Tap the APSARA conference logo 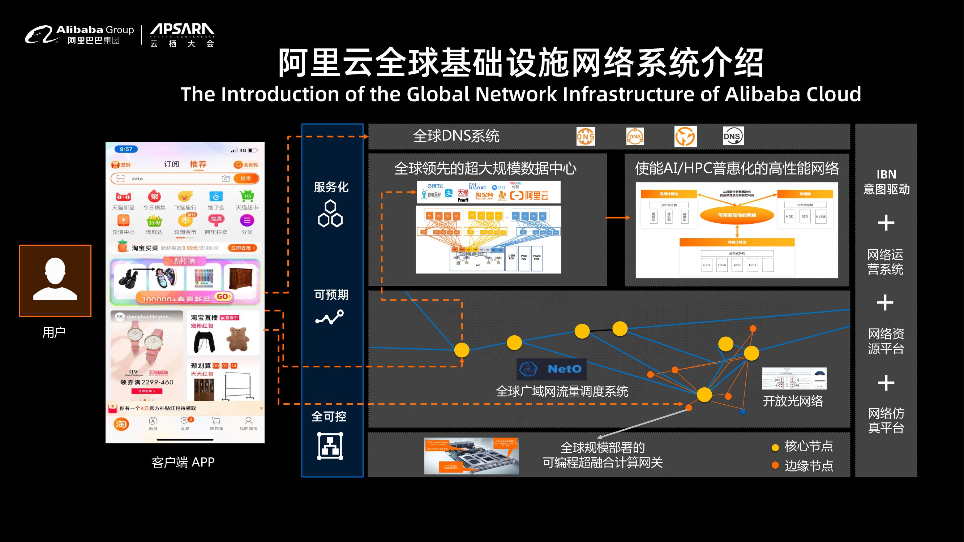[x=182, y=35]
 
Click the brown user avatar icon [x=55, y=280]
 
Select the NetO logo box [x=551, y=369]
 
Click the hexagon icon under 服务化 [x=330, y=214]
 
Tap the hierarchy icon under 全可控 [x=330, y=446]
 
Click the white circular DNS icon [x=733, y=136]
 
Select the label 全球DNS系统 [x=456, y=136]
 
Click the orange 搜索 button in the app [x=246, y=178]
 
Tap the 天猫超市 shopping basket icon [x=247, y=196]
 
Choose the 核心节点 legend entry [x=802, y=446]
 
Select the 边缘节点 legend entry [x=802, y=466]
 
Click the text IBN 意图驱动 [x=886, y=182]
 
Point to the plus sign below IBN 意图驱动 [x=886, y=223]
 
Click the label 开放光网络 [x=793, y=401]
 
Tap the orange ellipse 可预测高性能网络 [x=737, y=215]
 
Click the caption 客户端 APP [x=183, y=463]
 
